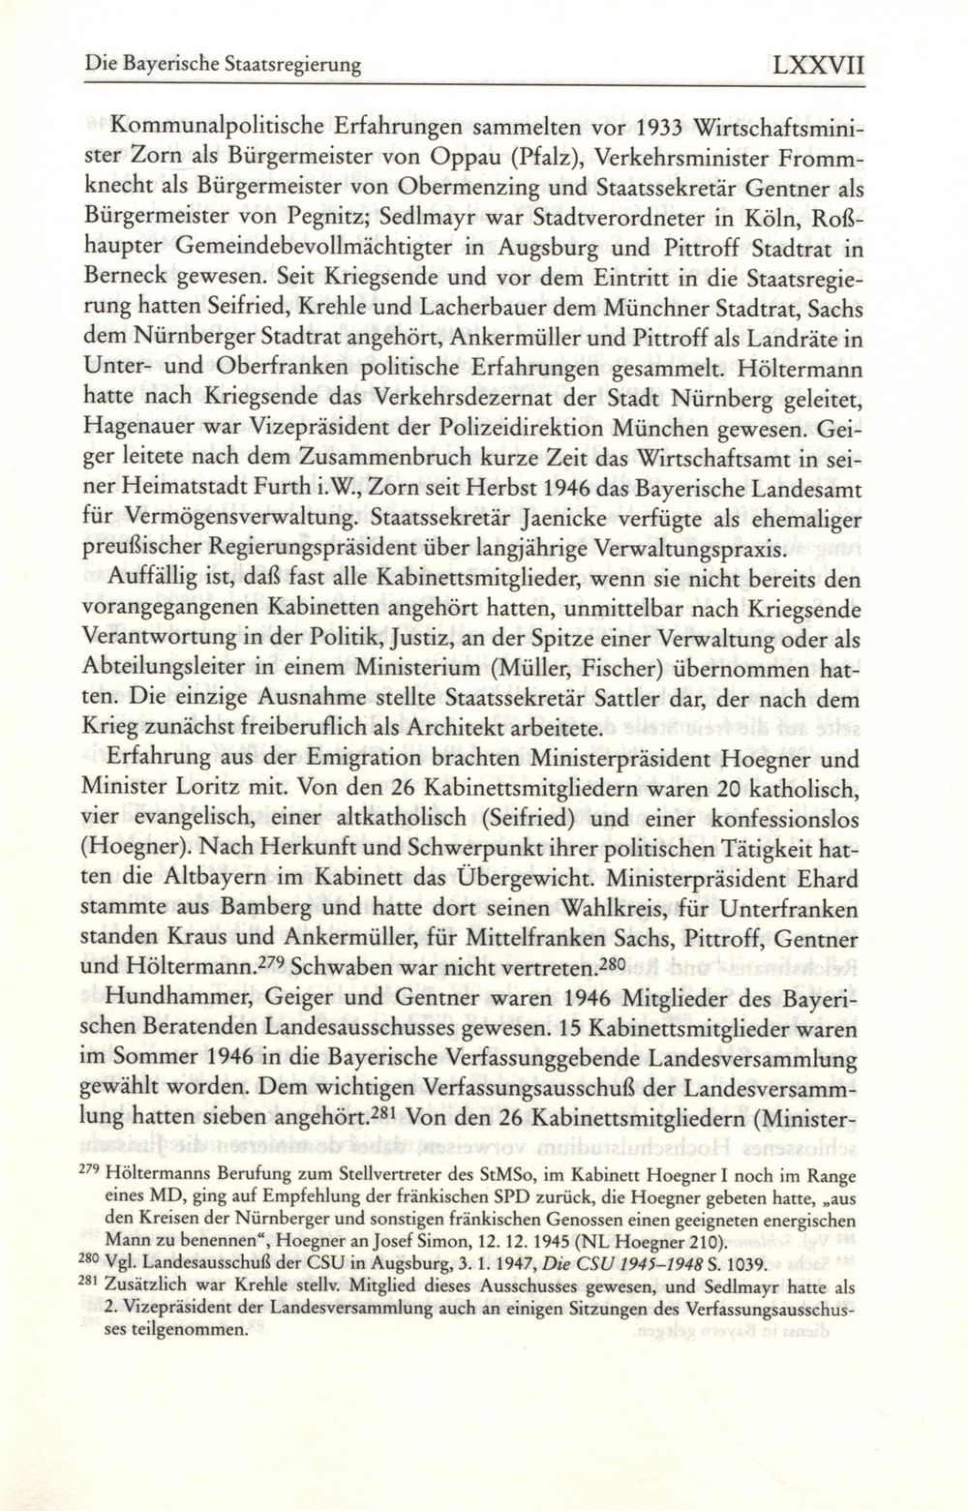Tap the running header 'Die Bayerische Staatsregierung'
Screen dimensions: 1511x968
pyautogui.click(x=222, y=68)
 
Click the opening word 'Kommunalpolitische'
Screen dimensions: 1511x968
pyautogui.click(x=206, y=128)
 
